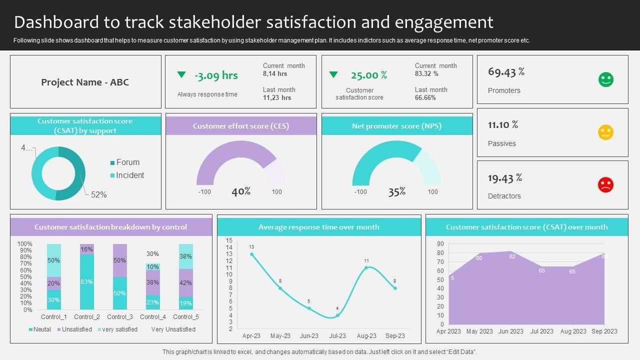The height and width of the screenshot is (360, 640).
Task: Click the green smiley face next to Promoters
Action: click(606, 79)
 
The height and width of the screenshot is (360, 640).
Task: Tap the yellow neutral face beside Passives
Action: click(605, 132)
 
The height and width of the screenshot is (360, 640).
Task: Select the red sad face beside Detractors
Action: click(605, 185)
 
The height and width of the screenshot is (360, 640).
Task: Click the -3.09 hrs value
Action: click(216, 75)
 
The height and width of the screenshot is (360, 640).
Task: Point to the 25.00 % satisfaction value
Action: click(369, 75)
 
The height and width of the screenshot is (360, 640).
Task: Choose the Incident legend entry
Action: click(129, 175)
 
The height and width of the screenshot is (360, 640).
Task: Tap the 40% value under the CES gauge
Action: click(241, 191)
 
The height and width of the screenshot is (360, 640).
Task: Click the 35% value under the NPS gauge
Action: click(397, 191)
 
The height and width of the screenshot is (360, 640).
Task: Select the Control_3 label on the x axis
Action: click(120, 317)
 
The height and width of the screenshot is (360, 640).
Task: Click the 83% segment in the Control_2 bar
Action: click(86, 282)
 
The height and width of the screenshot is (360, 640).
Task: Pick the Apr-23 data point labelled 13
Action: click(251, 254)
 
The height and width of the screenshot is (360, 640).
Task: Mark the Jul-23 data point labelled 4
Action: click(337, 315)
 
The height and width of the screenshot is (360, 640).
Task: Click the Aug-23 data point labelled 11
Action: click(366, 268)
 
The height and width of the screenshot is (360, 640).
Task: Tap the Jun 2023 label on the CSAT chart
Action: click(510, 331)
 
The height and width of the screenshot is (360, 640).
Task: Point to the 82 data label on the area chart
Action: click(512, 256)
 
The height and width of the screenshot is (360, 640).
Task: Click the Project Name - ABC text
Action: click(85, 82)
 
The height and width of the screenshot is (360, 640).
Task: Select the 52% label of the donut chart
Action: click(99, 195)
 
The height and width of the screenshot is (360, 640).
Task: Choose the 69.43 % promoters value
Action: click(506, 72)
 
